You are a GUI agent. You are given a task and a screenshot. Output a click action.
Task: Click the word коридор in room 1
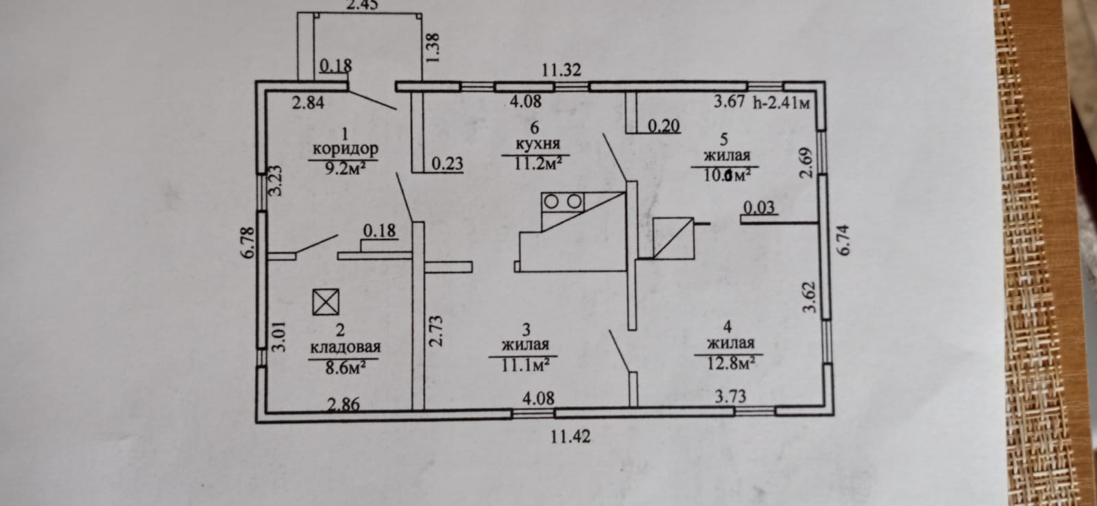[345, 148]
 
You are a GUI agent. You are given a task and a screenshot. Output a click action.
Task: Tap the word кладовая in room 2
[345, 347]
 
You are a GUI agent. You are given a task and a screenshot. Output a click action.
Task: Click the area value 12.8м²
[730, 363]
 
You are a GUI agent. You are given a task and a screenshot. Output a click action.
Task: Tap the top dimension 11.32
[562, 69]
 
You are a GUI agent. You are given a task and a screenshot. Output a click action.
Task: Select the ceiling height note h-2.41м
[782, 104]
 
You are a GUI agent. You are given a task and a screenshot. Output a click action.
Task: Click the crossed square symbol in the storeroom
[326, 302]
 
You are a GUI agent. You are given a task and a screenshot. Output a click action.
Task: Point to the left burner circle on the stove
[552, 202]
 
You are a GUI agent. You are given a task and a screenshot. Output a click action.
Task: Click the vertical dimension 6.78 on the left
[248, 242]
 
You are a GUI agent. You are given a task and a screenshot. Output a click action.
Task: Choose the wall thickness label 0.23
[447, 164]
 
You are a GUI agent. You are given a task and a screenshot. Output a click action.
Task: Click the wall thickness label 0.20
[664, 126]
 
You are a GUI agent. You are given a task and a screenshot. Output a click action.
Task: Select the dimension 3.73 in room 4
[730, 396]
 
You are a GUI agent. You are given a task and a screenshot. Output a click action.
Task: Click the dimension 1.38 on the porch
[433, 49]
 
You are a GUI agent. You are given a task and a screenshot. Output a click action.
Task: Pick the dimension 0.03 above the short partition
[759, 206]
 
